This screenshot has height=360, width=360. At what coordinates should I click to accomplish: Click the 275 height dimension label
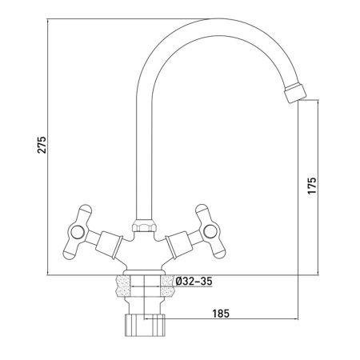click(42, 145)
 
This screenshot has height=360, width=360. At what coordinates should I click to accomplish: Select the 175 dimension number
click(311, 186)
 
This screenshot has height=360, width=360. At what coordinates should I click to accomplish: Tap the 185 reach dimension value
click(221, 314)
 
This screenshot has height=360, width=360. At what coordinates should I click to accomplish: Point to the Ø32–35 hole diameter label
click(194, 281)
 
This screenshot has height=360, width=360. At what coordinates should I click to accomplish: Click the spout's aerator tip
click(295, 92)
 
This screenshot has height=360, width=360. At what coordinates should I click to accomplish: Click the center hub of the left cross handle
click(78, 232)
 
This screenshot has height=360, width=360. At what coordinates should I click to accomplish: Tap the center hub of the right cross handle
click(210, 231)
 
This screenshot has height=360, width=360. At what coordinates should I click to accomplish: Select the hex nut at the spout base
click(144, 226)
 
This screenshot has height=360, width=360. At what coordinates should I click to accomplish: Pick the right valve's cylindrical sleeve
click(179, 245)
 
